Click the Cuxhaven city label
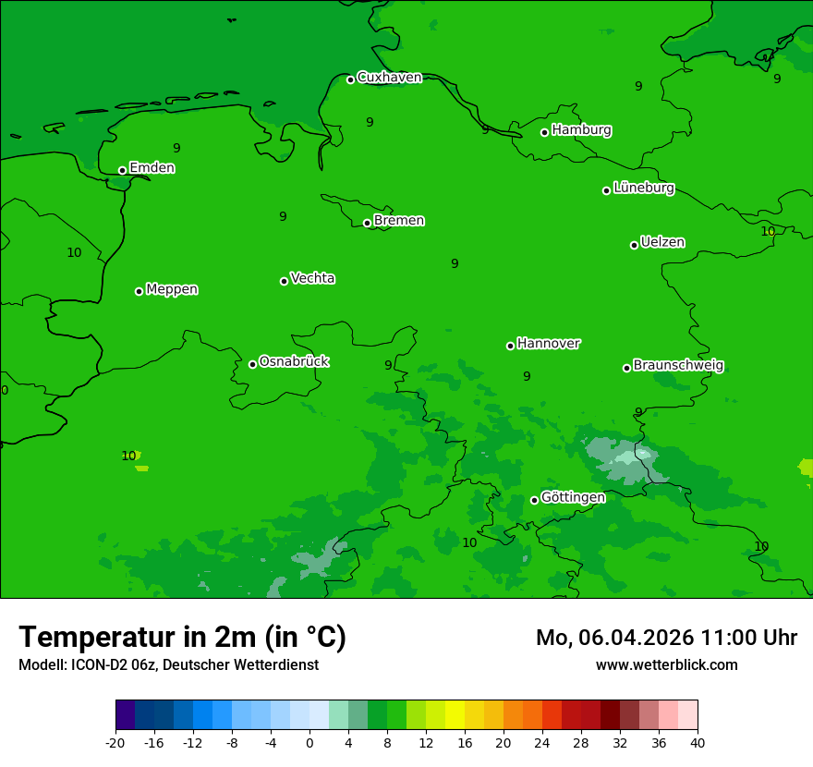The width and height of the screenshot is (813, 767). click(389, 78)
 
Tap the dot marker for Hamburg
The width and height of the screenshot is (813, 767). click(545, 132)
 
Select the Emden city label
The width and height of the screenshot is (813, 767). click(152, 168)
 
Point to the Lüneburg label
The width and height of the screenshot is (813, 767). click(643, 188)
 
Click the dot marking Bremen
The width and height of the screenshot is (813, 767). click(367, 223)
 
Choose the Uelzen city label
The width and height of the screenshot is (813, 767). click(662, 242)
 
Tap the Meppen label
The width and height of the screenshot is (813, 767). click(172, 289)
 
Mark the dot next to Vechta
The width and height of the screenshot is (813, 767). click(284, 281)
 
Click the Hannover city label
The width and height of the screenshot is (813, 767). click(548, 344)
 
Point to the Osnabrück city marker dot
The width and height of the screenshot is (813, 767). click(252, 364)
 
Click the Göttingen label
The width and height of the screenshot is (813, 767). click(573, 498)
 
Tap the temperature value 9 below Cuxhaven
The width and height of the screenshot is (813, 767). click(370, 122)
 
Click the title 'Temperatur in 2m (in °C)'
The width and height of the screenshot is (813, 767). click(182, 638)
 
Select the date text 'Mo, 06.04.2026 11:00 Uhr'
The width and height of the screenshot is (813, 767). click(666, 638)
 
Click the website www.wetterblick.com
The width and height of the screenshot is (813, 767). click(666, 664)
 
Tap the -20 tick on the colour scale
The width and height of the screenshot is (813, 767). click(115, 743)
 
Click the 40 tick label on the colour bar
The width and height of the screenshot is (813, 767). click(698, 743)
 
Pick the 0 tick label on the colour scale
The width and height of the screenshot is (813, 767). click(309, 743)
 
